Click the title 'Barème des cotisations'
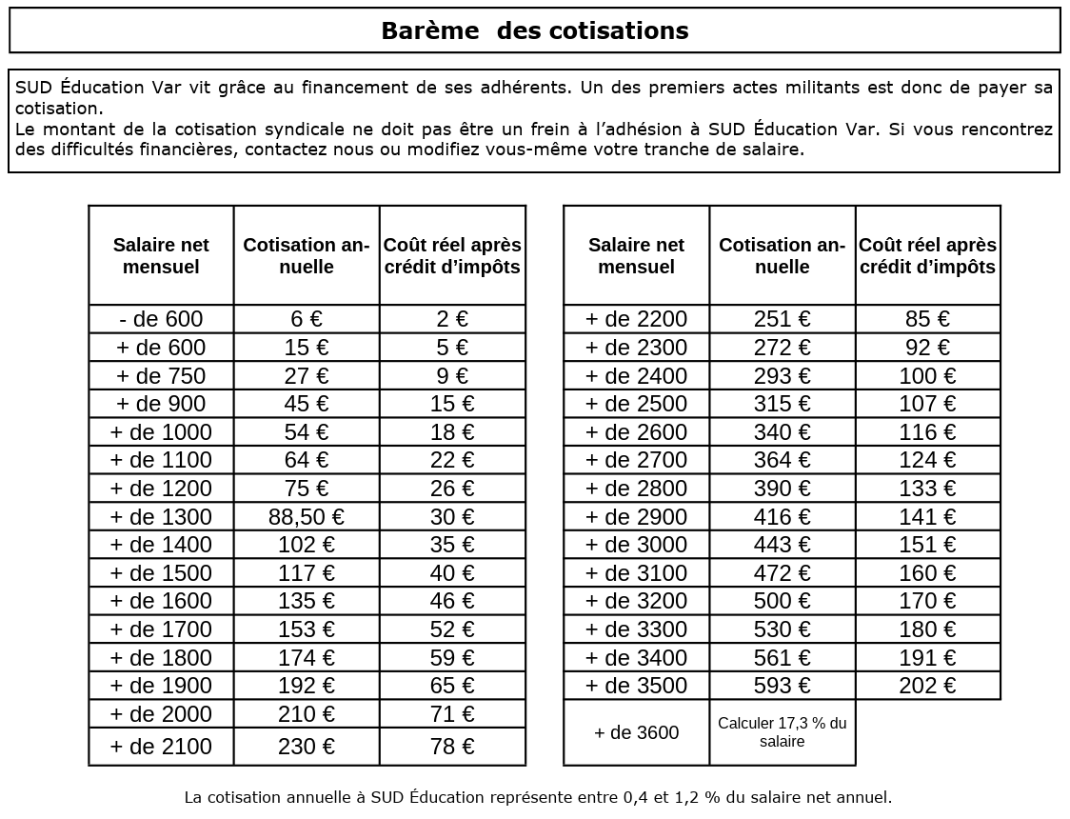[x=534, y=30]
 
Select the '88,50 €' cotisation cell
[x=307, y=517]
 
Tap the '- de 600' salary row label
[x=161, y=319]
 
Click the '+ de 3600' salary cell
[x=636, y=732]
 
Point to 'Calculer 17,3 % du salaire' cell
[x=782, y=732]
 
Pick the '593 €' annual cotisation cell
[x=782, y=686]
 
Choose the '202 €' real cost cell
[x=927, y=686]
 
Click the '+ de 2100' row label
[x=161, y=747]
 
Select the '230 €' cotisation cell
[x=307, y=747]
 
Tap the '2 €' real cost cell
[x=452, y=319]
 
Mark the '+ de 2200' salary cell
[x=636, y=319]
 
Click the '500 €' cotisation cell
[x=782, y=601]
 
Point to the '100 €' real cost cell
[x=927, y=376]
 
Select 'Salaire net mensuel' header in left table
[x=161, y=255]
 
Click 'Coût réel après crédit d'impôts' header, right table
[x=927, y=255]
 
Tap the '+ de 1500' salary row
[x=161, y=573]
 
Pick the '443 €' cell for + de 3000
[x=782, y=545]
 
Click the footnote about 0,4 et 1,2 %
[x=538, y=797]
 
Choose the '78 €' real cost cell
[x=452, y=747]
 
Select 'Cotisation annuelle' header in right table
[x=782, y=255]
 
